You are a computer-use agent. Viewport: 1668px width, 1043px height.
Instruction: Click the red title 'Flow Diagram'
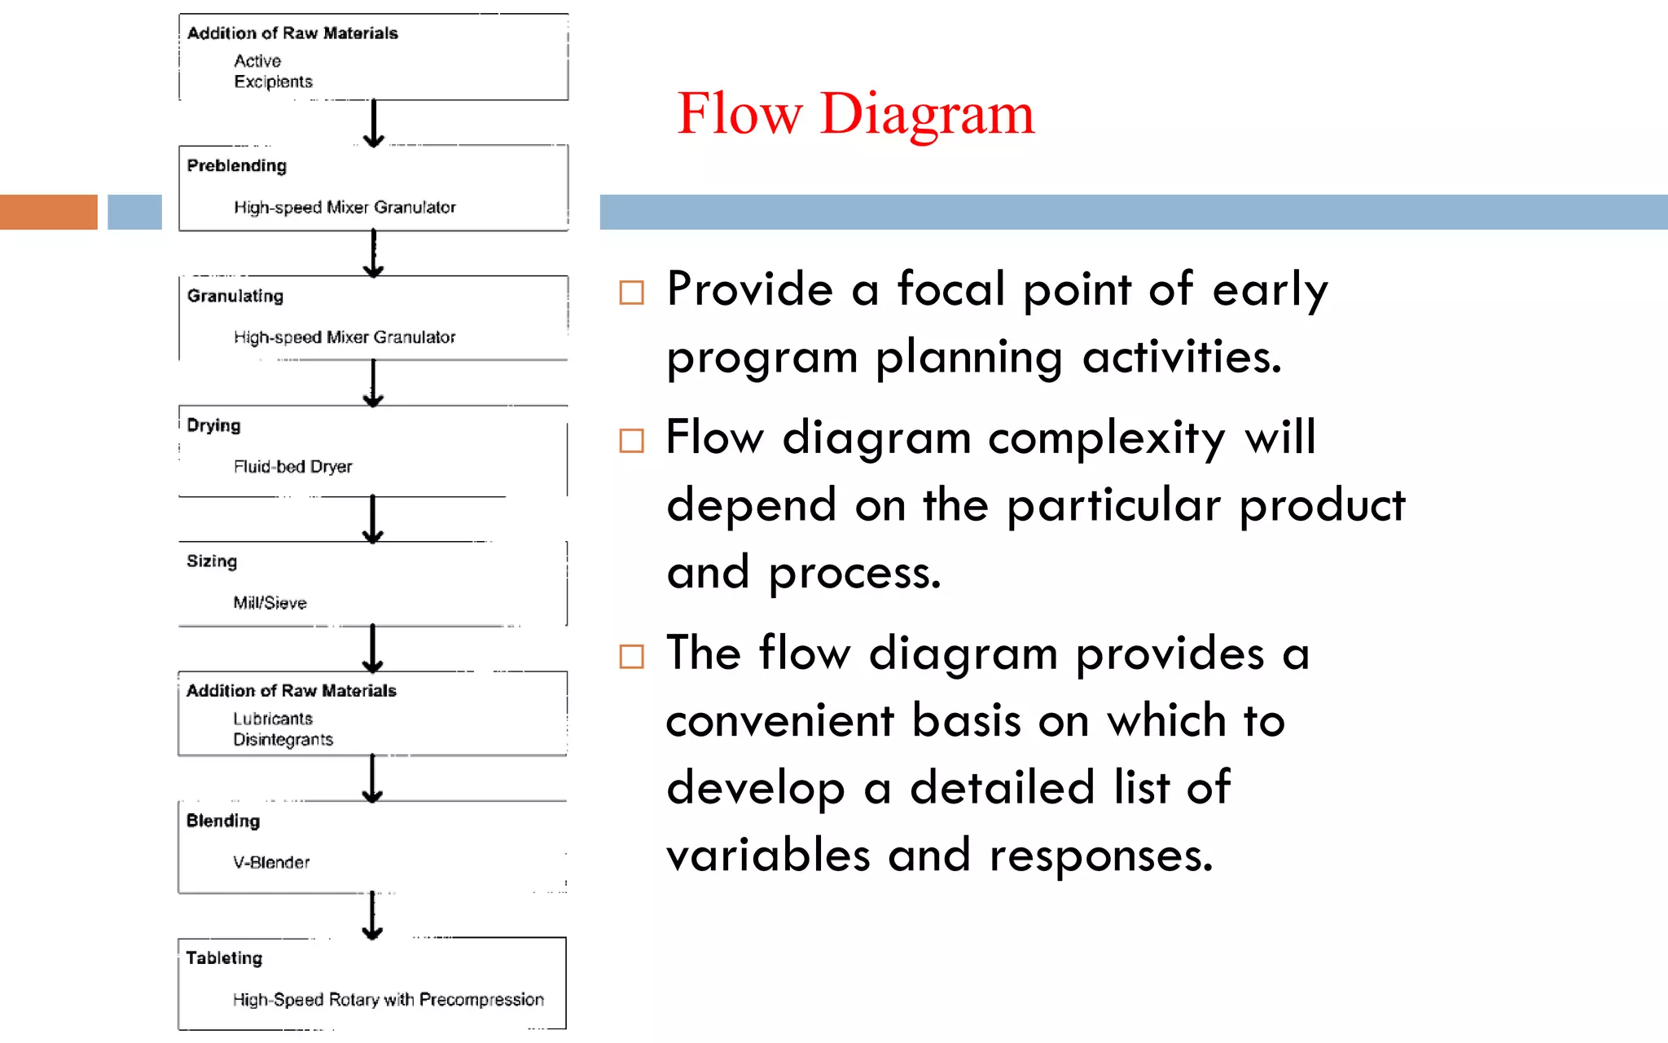pyautogui.click(x=855, y=113)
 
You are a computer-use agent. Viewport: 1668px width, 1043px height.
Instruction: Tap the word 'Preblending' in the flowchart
pyautogui.click(x=237, y=166)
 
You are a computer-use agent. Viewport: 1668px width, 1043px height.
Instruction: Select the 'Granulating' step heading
pyautogui.click(x=235, y=296)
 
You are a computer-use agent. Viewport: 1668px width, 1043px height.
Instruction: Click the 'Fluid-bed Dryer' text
pyautogui.click(x=292, y=467)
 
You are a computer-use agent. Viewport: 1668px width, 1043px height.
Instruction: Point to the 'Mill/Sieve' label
pyautogui.click(x=270, y=603)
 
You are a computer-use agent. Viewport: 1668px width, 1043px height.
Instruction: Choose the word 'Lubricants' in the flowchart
pyautogui.click(x=273, y=719)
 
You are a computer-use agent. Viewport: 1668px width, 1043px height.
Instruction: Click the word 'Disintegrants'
pyautogui.click(x=283, y=740)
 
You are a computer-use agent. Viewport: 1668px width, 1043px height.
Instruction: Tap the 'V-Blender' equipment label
pyautogui.click(x=271, y=862)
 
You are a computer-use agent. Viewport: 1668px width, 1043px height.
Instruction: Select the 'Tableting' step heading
pyautogui.click(x=224, y=958)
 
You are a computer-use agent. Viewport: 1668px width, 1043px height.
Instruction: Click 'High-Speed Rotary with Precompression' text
pyautogui.click(x=388, y=1000)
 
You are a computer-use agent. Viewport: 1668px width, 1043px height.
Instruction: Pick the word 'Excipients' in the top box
pyautogui.click(x=273, y=81)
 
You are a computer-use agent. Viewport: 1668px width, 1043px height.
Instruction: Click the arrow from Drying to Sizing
pyautogui.click(x=373, y=518)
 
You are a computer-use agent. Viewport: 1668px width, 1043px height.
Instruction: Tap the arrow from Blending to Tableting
pyautogui.click(x=372, y=915)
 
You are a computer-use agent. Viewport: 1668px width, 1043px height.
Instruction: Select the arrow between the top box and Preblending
pyautogui.click(x=374, y=123)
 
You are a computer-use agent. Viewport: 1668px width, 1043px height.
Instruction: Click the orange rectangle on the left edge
pyautogui.click(x=48, y=212)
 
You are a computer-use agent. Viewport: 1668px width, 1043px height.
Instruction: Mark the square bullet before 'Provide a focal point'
pyautogui.click(x=631, y=293)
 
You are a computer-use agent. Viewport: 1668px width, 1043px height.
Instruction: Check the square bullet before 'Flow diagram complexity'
pyautogui.click(x=631, y=441)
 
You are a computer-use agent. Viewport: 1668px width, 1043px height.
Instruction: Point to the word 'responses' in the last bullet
pyautogui.click(x=1100, y=856)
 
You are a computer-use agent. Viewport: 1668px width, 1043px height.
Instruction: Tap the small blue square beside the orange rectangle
pyautogui.click(x=134, y=212)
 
